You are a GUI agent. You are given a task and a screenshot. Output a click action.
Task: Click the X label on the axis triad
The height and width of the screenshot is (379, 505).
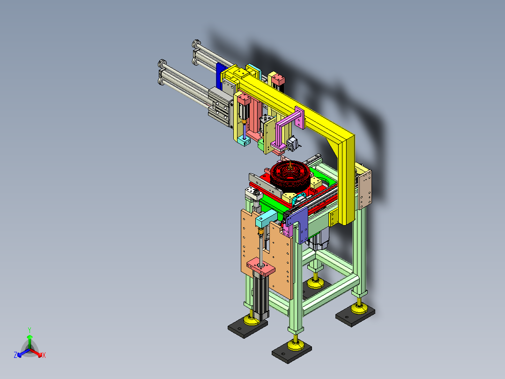[x=44, y=355]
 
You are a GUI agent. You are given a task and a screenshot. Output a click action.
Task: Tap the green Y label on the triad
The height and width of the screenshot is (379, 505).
[x=30, y=330]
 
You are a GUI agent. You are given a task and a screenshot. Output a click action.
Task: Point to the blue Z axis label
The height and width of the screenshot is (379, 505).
[x=15, y=355]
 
